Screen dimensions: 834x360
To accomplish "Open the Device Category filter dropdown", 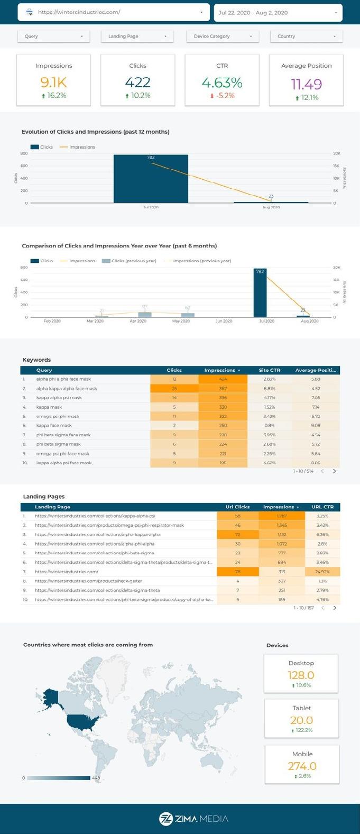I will coord(221,36).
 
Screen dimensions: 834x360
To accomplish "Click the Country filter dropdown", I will coord(307,36).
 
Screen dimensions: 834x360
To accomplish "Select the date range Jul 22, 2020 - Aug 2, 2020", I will coord(278,13).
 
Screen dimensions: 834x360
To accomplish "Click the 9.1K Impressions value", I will coord(53,83).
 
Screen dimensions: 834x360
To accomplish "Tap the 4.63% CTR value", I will coord(222,83).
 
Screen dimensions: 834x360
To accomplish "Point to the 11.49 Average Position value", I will coord(306,84).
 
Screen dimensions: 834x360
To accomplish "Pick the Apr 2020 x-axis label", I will coord(138,321).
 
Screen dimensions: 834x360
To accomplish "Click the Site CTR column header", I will coord(270,370).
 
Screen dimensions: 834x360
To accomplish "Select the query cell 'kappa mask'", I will coord(49,407).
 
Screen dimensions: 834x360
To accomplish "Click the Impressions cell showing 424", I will coord(223,379).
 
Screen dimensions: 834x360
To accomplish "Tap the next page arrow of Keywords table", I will coord(334,471).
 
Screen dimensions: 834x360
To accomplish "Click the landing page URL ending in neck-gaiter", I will coord(88,581).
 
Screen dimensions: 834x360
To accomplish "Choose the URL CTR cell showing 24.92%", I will coord(322,572).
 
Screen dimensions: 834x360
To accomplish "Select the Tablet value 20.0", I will coord(301,720).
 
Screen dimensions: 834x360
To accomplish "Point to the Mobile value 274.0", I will coord(302,766).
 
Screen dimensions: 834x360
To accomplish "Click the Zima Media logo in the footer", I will coord(193,819).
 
